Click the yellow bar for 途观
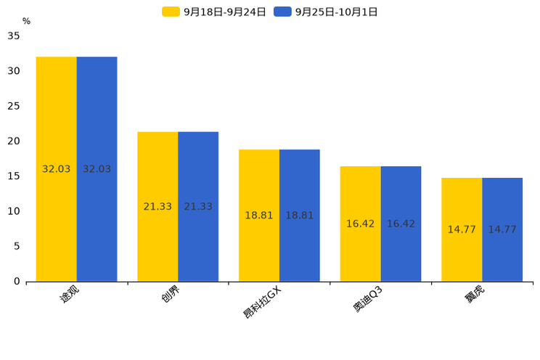pyautogui.click(x=56, y=169)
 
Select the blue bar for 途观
pyautogui.click(x=97, y=169)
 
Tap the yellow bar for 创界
pyautogui.click(x=157, y=207)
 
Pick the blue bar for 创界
pyautogui.click(x=198, y=207)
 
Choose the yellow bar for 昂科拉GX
pyautogui.click(x=259, y=216)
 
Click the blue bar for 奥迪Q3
pyautogui.click(x=401, y=224)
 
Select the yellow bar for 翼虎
pyautogui.click(x=462, y=230)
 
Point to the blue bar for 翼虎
pyautogui.click(x=502, y=230)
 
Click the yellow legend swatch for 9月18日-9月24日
pyautogui.click(x=171, y=12)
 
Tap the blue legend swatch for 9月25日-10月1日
pyautogui.click(x=282, y=12)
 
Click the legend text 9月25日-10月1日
pyautogui.click(x=337, y=12)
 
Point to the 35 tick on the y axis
pyautogui.click(x=14, y=36)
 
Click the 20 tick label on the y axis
pyautogui.click(x=14, y=141)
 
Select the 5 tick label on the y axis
pyautogui.click(x=17, y=246)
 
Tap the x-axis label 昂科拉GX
pyautogui.click(x=263, y=303)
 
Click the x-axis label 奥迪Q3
pyautogui.click(x=368, y=299)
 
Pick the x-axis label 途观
pyautogui.click(x=69, y=294)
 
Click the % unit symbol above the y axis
pyautogui.click(x=27, y=21)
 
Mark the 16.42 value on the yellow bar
pyautogui.click(x=360, y=224)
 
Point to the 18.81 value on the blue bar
pyautogui.click(x=300, y=216)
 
